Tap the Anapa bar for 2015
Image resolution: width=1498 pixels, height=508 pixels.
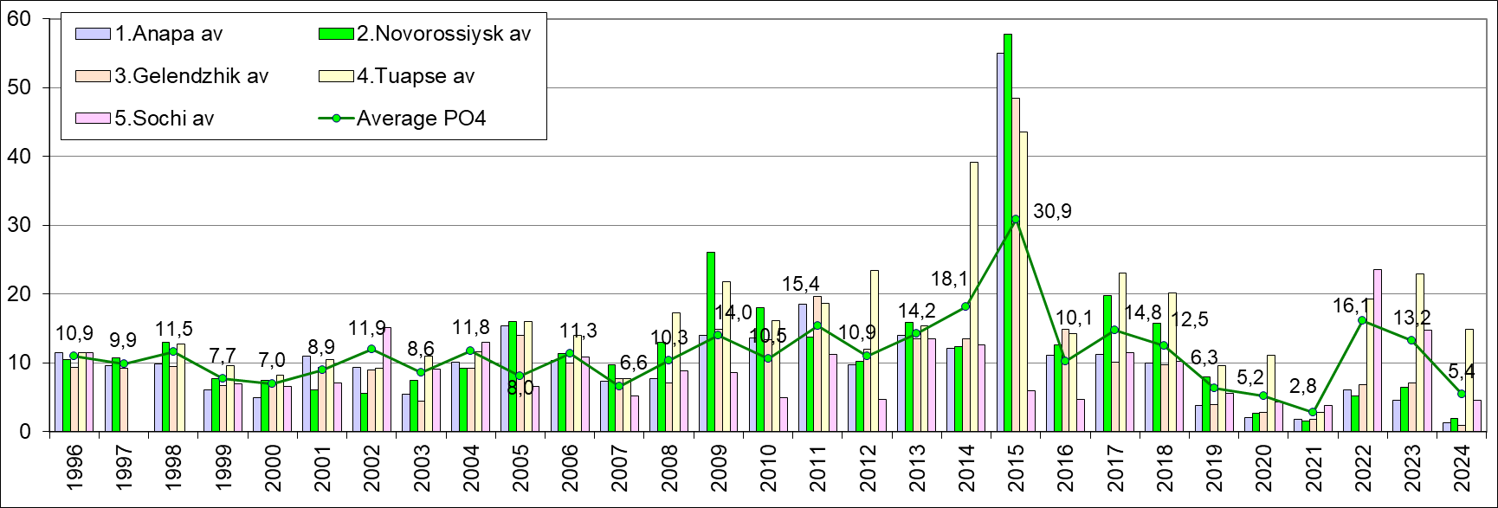pyautogui.click(x=1000, y=242)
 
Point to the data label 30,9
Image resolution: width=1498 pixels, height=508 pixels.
pyautogui.click(x=1052, y=211)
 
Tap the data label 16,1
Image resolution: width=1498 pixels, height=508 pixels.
pyautogui.click(x=1355, y=305)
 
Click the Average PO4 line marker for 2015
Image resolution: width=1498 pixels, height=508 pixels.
pyautogui.click(x=1016, y=219)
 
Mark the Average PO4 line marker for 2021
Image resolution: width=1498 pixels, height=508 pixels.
pyautogui.click(x=1314, y=412)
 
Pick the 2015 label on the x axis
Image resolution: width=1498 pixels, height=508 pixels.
pyautogui.click(x=1017, y=467)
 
